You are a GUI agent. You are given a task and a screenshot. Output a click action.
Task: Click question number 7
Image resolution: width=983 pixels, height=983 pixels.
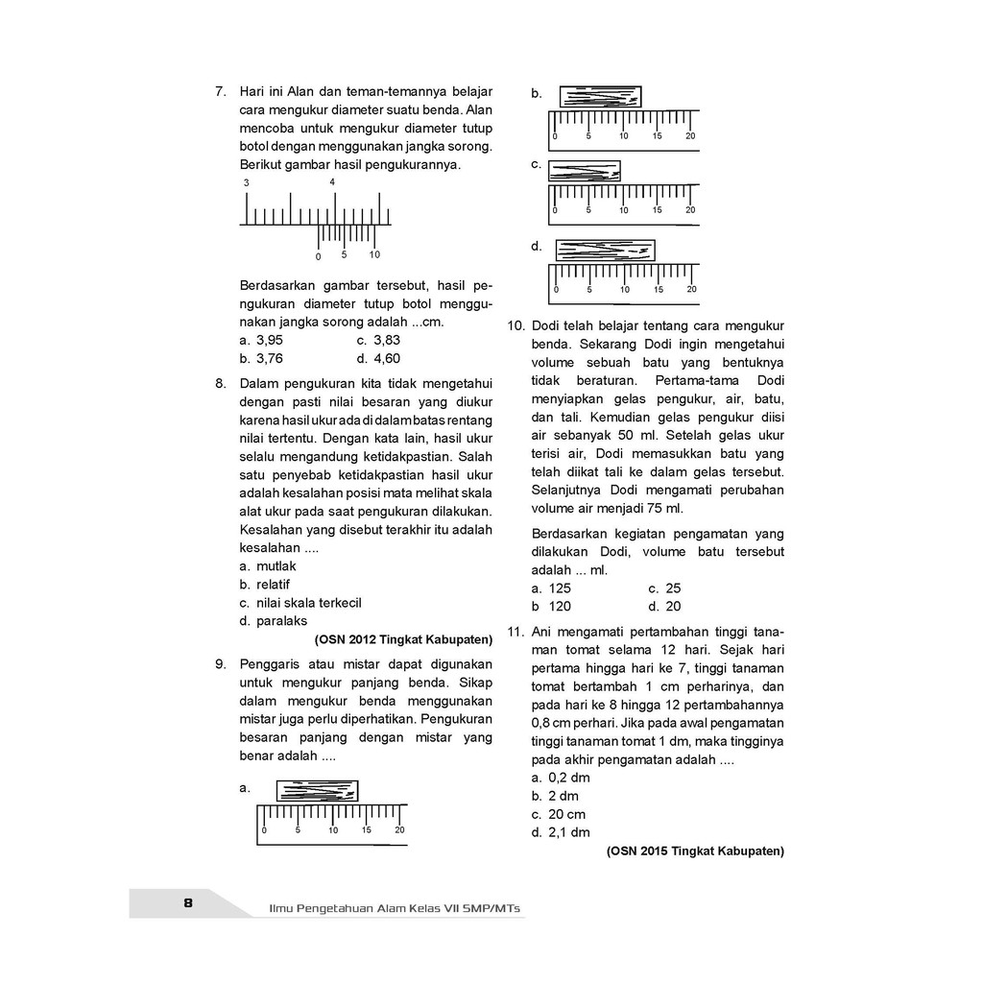coord(219,92)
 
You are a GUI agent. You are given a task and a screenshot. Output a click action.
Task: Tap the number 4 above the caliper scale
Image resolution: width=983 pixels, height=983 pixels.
coord(332,182)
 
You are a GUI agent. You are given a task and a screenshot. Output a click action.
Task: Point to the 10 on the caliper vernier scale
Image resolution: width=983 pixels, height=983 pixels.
coord(374,255)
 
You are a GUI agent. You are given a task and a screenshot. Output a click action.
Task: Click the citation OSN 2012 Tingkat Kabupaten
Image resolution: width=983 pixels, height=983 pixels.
coord(403,638)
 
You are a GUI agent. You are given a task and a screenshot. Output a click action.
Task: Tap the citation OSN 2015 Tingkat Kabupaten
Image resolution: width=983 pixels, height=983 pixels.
coord(696,851)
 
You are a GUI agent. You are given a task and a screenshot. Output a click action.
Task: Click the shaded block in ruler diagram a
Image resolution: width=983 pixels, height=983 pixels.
coord(317,791)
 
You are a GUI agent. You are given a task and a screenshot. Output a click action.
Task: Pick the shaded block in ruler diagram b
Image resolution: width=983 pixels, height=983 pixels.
coord(600,97)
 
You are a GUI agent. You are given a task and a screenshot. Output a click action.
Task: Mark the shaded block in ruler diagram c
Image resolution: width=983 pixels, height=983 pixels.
coord(585,171)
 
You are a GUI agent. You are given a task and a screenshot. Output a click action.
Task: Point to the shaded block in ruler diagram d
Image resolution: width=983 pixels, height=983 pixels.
coord(606,251)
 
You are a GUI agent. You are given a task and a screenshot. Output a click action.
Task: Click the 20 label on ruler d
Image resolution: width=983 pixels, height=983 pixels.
coord(691,289)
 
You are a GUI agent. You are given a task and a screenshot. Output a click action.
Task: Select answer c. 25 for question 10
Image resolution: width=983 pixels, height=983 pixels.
coord(663,588)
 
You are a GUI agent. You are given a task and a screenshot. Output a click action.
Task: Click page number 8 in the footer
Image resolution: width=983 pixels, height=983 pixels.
coord(188,903)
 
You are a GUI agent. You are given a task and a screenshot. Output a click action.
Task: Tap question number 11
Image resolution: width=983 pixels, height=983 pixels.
coord(514,632)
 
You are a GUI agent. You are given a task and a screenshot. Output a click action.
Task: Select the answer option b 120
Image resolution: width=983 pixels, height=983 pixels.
coord(552,607)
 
